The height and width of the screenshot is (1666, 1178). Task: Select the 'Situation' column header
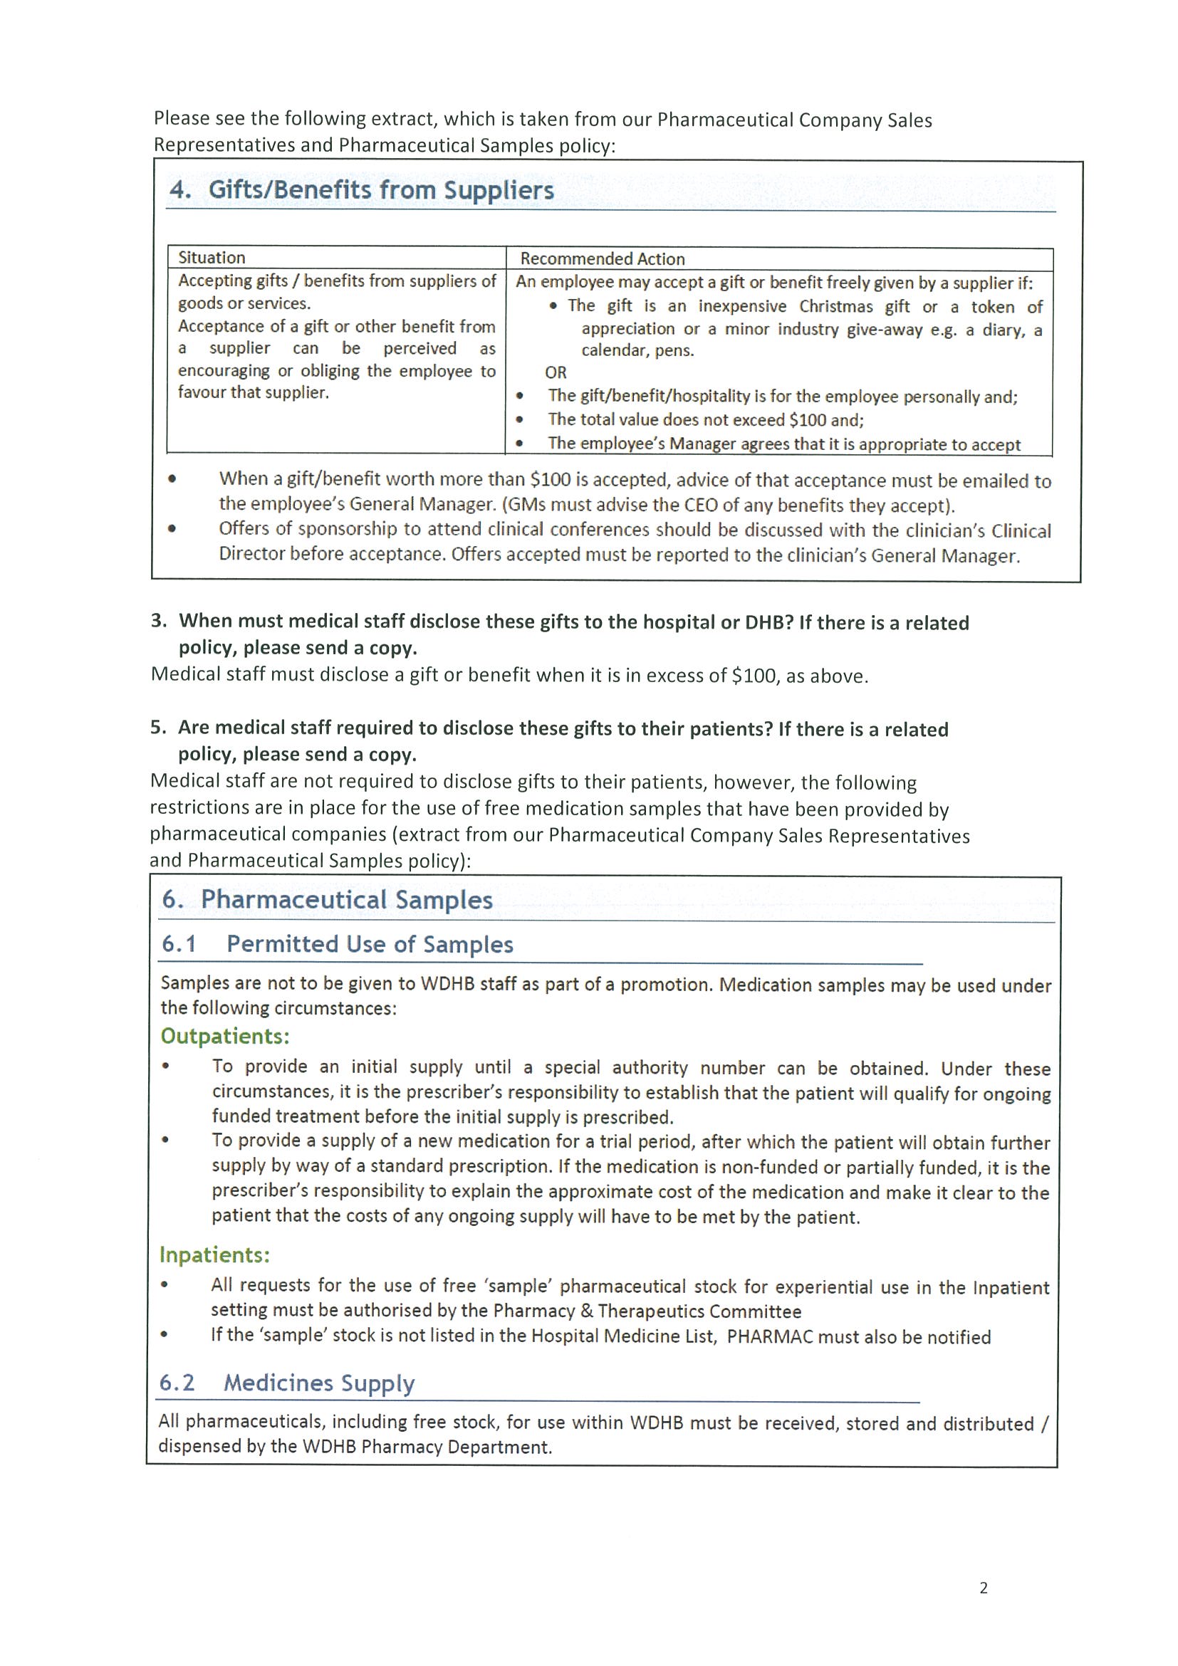[212, 258]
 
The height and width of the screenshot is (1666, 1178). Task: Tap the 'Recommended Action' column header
[603, 259]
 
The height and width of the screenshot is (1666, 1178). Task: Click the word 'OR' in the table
[556, 373]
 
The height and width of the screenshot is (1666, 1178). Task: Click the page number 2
[984, 1588]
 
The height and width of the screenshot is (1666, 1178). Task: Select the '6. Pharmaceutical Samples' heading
[328, 900]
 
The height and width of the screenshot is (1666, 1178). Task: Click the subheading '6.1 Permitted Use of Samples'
[338, 944]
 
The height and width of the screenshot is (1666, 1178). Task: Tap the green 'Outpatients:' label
[225, 1036]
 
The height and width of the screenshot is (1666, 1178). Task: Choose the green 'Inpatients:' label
[215, 1254]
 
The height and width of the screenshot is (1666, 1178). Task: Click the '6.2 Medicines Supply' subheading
[287, 1383]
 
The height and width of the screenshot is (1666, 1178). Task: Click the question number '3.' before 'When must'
[159, 621]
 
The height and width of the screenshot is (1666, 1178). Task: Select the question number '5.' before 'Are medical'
[158, 728]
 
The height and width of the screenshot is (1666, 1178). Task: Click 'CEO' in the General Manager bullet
[699, 505]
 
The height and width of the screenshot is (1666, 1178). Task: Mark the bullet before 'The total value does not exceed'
[519, 419]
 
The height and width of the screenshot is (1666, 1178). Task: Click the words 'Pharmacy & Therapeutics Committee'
[647, 1311]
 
